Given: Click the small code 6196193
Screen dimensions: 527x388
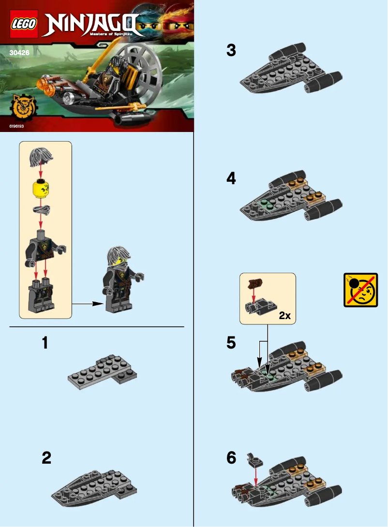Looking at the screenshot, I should pos(16,126).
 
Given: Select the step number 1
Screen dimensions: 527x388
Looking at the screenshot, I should pos(45,343).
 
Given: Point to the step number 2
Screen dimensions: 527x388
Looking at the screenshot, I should pos(46,458).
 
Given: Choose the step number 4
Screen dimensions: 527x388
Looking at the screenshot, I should pos(231,179).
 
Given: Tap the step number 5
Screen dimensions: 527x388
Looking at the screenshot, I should pos(231,343).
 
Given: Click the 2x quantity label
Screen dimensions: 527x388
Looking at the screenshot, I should pos(284,316).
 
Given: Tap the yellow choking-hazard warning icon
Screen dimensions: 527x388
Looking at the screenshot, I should pos(360,290).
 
